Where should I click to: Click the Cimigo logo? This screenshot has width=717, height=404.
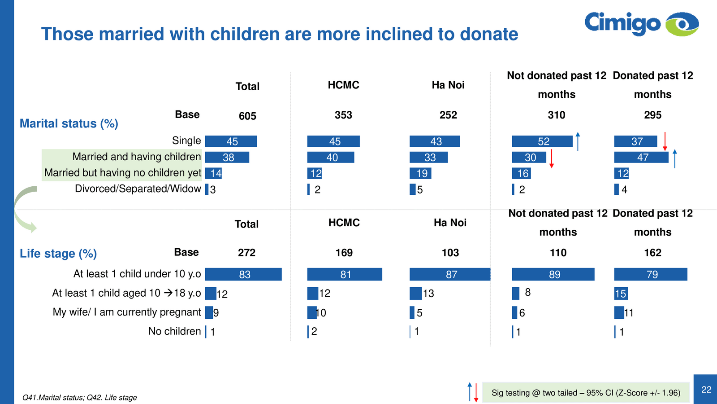[641, 24]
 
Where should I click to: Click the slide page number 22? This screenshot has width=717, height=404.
[706, 390]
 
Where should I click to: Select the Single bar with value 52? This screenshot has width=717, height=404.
[542, 141]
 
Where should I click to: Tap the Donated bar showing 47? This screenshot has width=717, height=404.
[641, 158]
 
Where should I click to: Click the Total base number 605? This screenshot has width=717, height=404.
[247, 116]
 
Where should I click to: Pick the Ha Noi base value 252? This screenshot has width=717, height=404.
[448, 115]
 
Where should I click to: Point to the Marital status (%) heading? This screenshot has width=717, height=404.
[69, 123]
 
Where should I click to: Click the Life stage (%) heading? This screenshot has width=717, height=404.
[58, 254]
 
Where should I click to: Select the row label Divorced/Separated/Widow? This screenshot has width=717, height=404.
[138, 189]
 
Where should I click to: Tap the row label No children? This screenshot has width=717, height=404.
[175, 331]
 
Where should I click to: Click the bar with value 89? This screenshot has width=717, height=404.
[553, 274]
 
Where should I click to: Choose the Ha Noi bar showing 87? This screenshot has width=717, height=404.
[450, 274]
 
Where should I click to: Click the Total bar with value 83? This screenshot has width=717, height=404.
[243, 274]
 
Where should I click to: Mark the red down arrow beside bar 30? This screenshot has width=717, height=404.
[552, 159]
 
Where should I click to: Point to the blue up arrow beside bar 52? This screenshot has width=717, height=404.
[578, 141]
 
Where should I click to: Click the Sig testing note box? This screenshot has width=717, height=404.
[585, 393]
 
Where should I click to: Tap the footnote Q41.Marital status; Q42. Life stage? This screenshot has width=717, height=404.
[80, 398]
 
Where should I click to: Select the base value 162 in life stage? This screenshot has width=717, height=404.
[652, 253]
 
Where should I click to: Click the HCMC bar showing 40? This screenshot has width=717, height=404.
[331, 158]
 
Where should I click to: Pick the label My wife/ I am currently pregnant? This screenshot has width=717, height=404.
[127, 312]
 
